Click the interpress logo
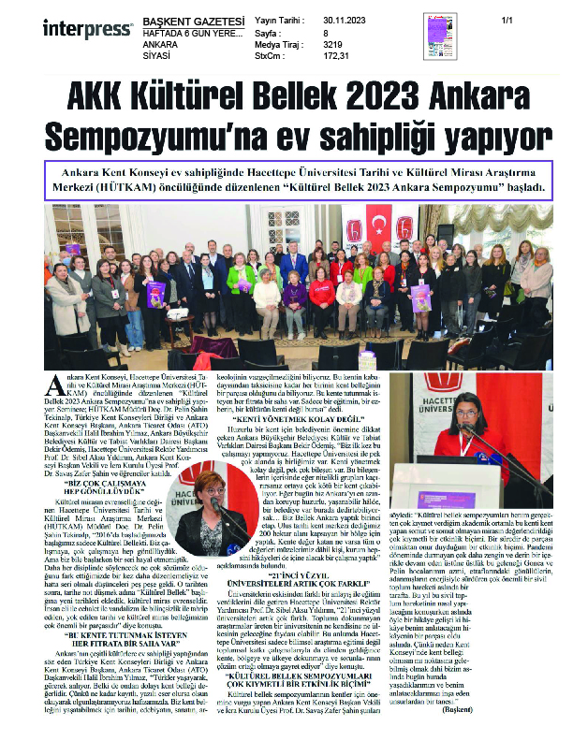pyautogui.click(x=74, y=25)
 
